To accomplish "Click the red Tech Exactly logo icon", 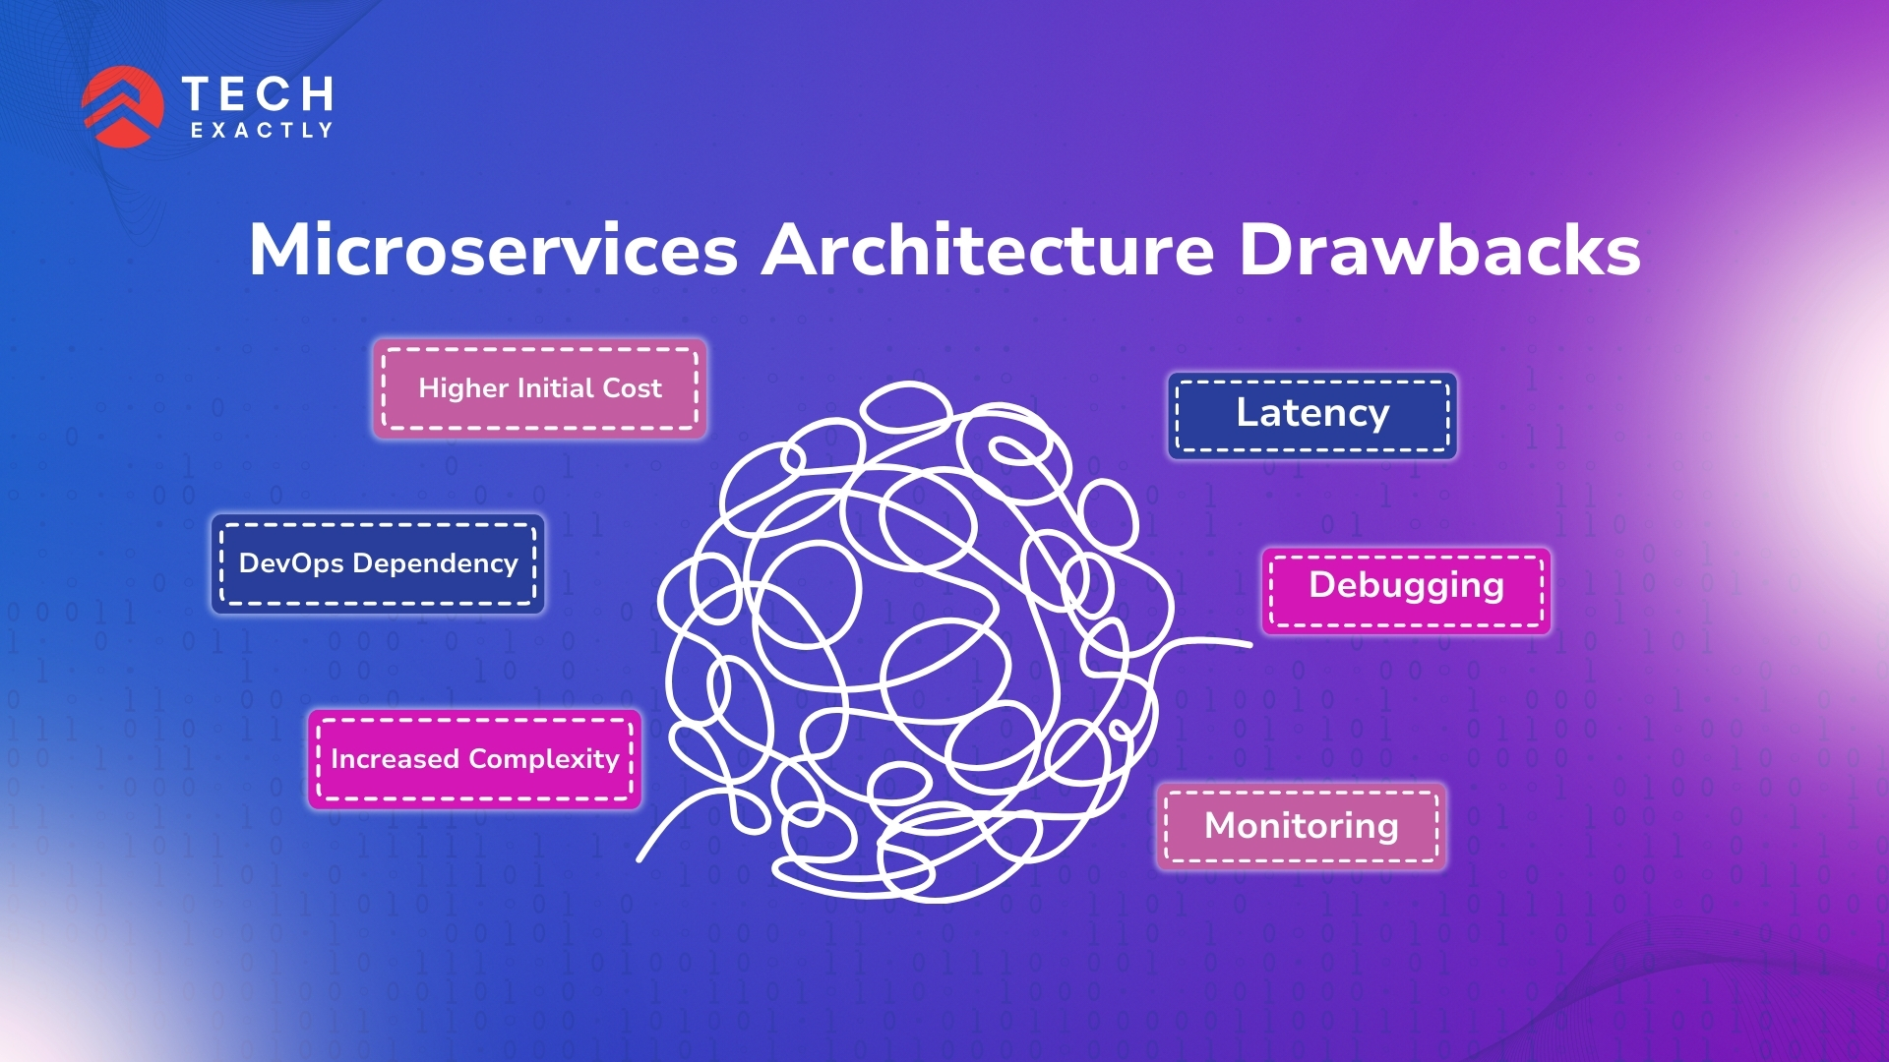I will (x=122, y=106).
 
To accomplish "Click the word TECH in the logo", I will (x=258, y=94).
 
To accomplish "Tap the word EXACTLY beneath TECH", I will (x=262, y=131).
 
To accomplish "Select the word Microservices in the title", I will (x=493, y=250).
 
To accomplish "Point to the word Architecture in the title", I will (x=988, y=250).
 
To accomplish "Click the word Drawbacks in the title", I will (x=1438, y=250).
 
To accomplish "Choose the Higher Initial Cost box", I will (x=539, y=388).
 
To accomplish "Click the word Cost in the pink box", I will (x=632, y=388).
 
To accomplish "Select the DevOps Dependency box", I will (x=378, y=563).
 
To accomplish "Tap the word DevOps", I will (x=291, y=563).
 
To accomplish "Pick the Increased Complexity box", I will (x=475, y=759).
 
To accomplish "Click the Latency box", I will (x=1312, y=414).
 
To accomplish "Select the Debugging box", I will (x=1406, y=586).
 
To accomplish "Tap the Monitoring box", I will (x=1301, y=826).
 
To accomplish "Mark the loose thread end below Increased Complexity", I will (x=641, y=857).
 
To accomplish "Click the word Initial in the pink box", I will (x=555, y=388).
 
